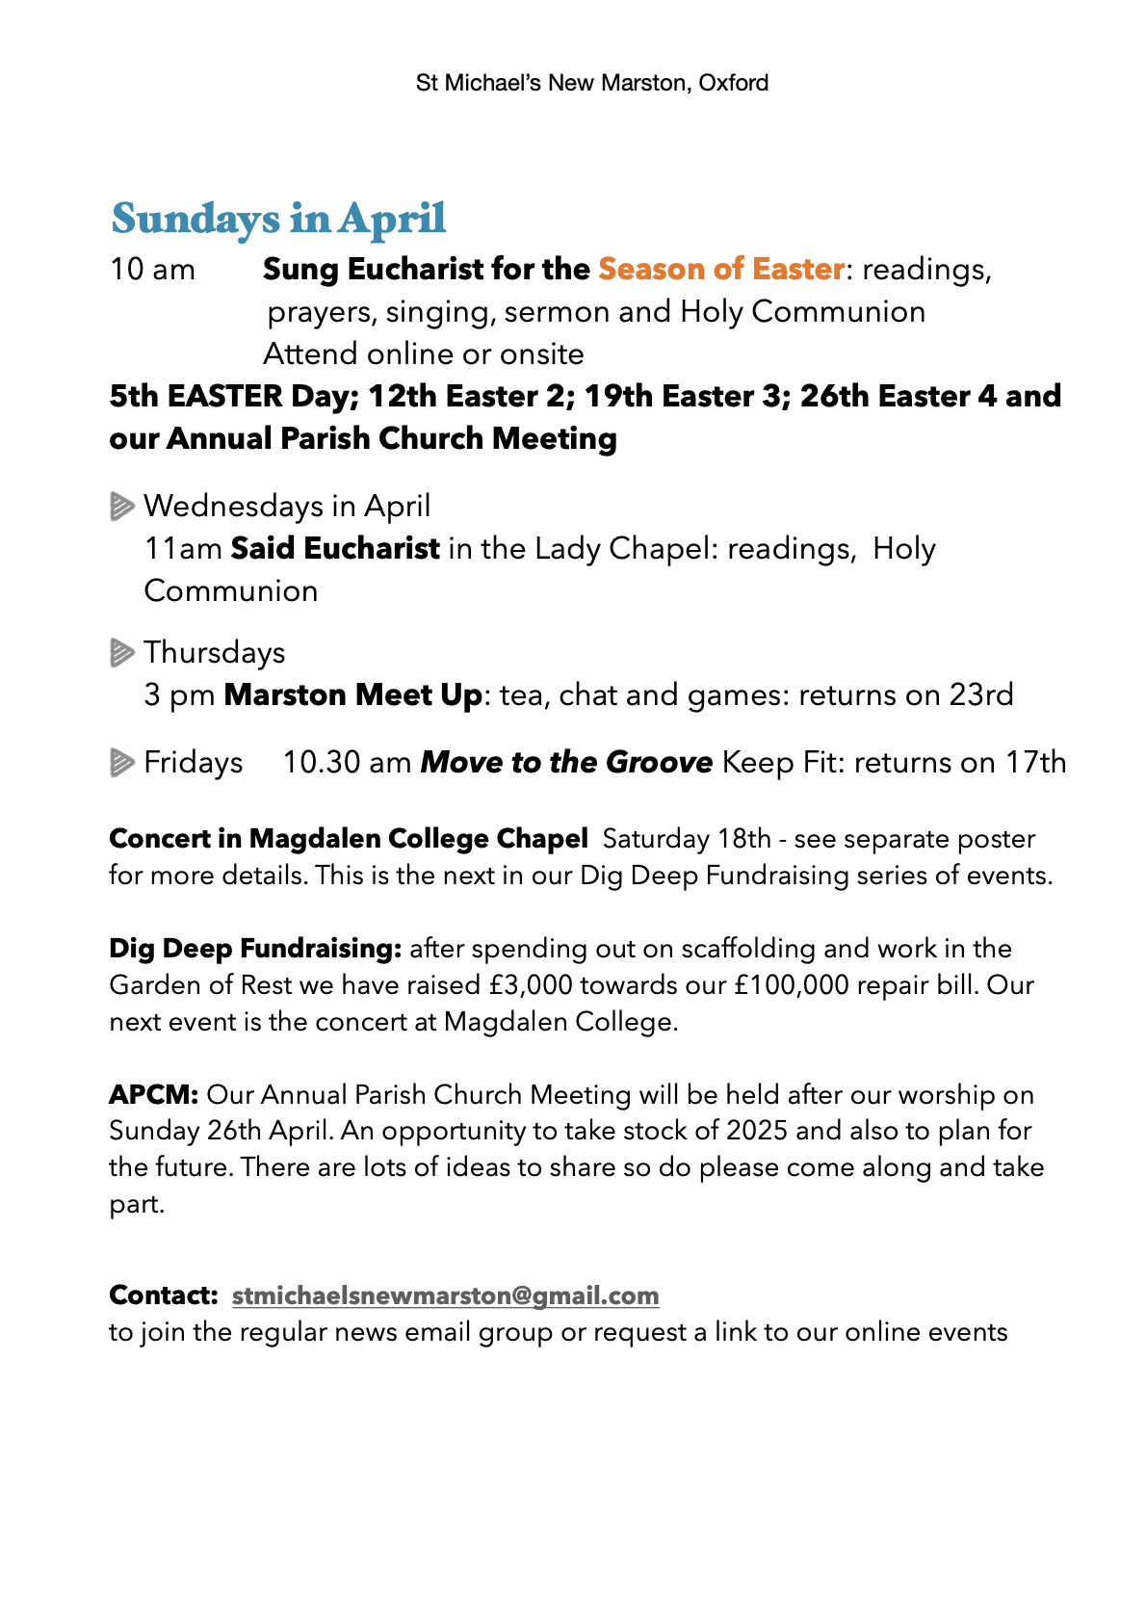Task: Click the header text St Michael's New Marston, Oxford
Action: (591, 83)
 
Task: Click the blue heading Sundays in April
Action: (278, 219)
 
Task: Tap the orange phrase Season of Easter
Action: (721, 269)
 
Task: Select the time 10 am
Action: (152, 270)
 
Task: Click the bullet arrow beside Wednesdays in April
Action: (121, 506)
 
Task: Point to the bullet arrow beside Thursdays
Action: (121, 653)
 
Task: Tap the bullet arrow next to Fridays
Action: (121, 763)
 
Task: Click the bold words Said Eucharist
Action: (335, 548)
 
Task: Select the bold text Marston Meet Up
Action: (352, 694)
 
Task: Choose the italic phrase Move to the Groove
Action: (566, 763)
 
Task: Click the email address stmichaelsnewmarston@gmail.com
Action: (445, 1295)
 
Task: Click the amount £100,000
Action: (792, 985)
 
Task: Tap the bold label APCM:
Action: (154, 1095)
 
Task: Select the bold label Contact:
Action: (164, 1295)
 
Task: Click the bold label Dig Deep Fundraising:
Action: (255, 949)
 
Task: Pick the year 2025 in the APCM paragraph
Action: (757, 1131)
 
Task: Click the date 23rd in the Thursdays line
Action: (981, 694)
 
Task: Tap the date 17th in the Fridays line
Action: (1036, 763)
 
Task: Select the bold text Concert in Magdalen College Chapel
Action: (349, 839)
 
